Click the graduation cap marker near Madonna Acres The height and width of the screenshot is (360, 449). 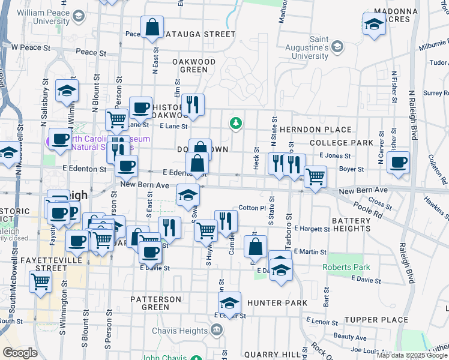coord(374,25)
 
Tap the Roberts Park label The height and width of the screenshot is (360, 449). coord(346,267)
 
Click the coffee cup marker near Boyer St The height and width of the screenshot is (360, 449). coord(398,162)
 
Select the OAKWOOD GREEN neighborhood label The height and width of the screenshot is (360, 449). coord(194,65)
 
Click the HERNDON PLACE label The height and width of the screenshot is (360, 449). coord(315,130)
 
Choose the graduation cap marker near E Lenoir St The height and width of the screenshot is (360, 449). coord(229,303)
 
